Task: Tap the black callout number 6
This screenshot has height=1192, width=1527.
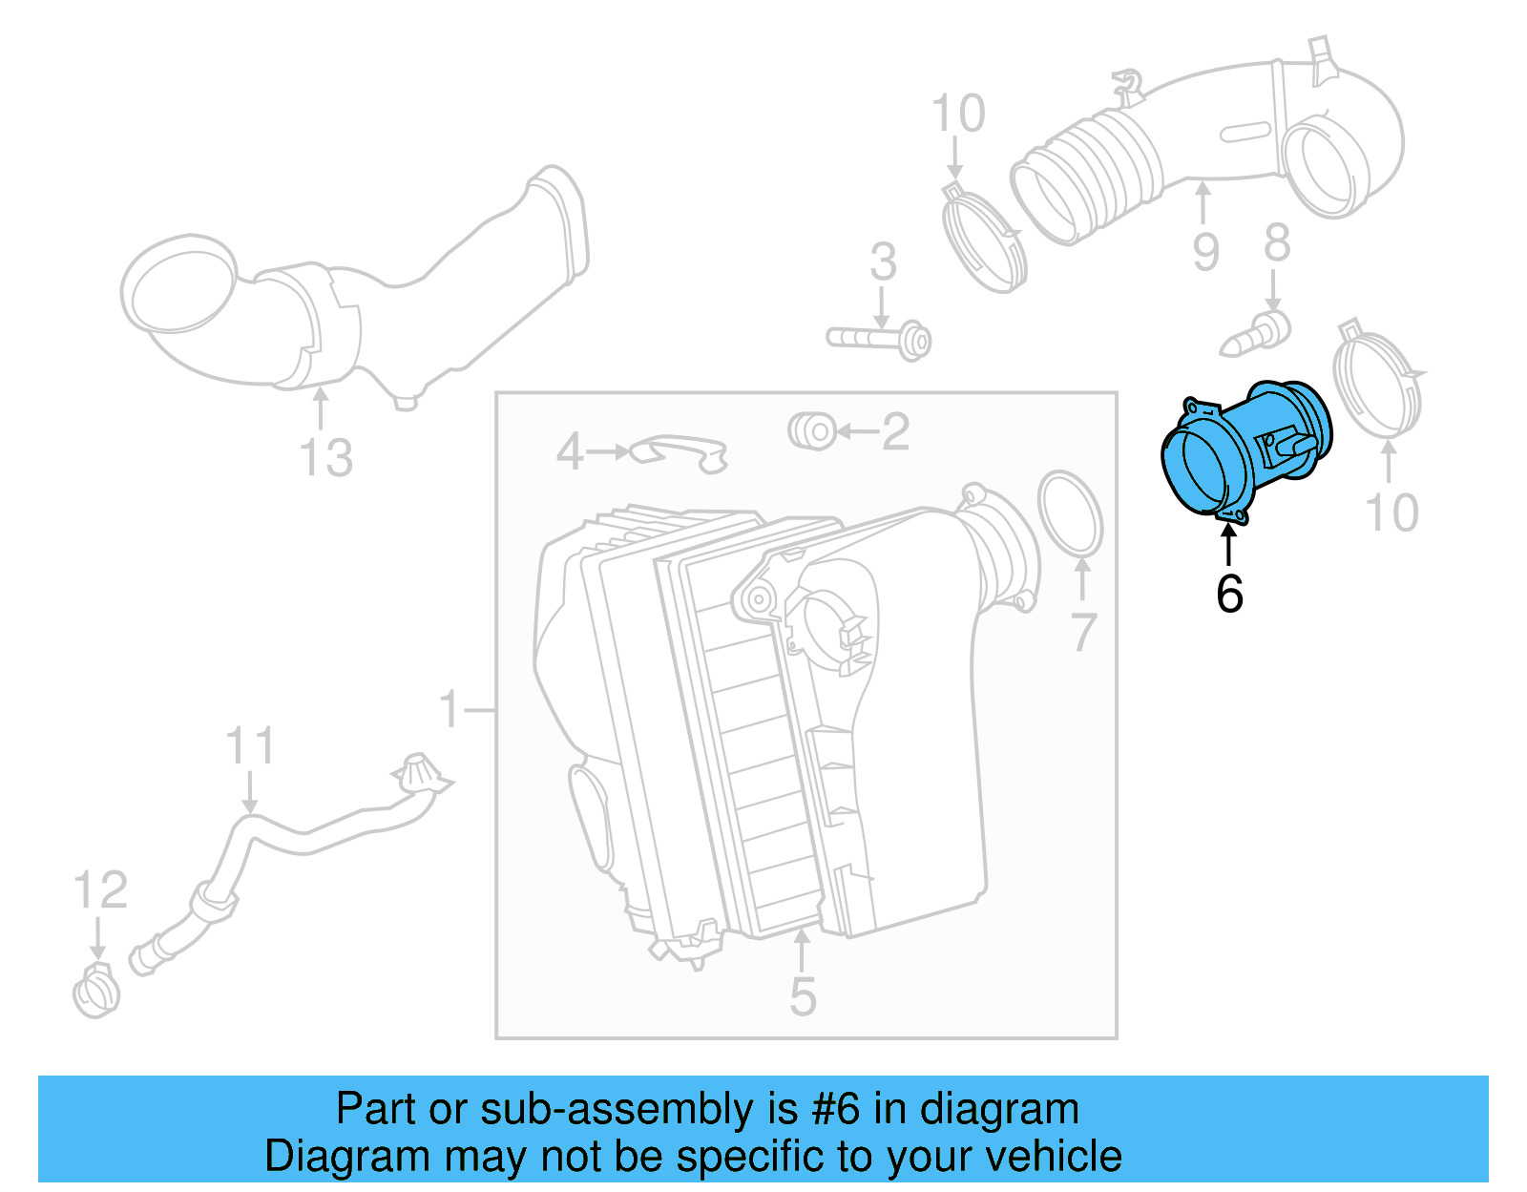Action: (x=1229, y=594)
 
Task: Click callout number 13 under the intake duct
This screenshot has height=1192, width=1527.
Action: (x=325, y=458)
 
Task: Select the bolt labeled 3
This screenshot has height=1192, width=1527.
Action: (x=879, y=339)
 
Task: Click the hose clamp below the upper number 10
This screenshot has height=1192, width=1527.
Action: (x=984, y=239)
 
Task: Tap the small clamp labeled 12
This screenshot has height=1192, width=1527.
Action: (x=95, y=993)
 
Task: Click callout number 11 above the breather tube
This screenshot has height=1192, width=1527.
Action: (x=250, y=746)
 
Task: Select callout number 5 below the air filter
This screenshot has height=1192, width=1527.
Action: (x=803, y=996)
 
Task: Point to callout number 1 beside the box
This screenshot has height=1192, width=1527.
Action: (x=449, y=710)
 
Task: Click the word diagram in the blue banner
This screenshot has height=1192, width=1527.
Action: (x=998, y=1109)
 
